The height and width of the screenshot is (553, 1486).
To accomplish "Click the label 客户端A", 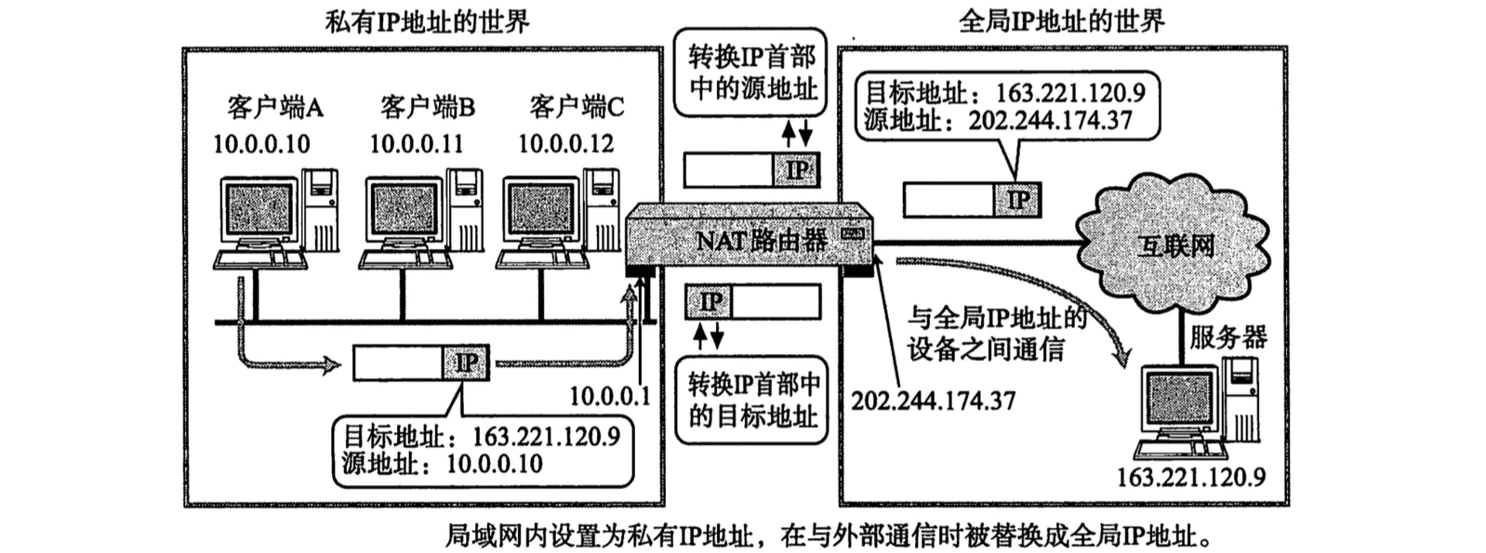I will click(x=274, y=109).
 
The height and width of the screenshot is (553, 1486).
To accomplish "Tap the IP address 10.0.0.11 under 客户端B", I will click(x=416, y=144).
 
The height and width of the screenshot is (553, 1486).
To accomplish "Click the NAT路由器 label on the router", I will click(x=761, y=241).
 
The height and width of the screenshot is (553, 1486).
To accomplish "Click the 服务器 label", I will click(x=1227, y=336).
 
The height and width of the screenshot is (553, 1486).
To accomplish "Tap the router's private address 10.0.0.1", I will click(x=609, y=397).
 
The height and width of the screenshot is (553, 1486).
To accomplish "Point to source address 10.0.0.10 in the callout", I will click(x=494, y=463).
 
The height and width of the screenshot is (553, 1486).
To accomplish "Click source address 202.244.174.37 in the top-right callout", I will click(x=1050, y=121).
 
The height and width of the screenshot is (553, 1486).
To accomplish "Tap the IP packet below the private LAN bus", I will click(x=420, y=362).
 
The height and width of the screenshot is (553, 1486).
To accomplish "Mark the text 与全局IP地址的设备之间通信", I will click(x=996, y=334).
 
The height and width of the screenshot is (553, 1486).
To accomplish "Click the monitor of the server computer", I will click(x=1179, y=400).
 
